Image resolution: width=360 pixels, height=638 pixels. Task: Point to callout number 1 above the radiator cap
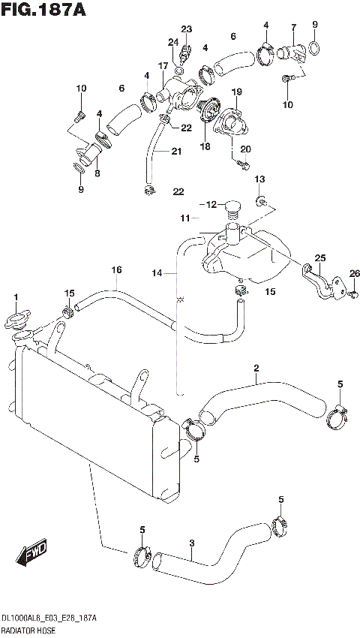[x=15, y=299]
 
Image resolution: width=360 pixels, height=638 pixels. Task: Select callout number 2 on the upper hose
[x=256, y=368]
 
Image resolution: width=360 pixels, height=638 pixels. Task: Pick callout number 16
[x=116, y=270]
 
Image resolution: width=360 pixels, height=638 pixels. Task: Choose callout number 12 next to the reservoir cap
[x=211, y=204]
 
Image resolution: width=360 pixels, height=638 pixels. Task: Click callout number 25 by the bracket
[x=320, y=258]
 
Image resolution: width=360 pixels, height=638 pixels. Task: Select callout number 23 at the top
[x=187, y=29]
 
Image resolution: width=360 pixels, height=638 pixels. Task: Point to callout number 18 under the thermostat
[x=205, y=147]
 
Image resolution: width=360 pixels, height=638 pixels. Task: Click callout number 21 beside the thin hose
[x=176, y=151]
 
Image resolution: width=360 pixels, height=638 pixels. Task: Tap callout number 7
[x=294, y=28]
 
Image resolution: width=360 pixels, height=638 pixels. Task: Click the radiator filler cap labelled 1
[x=16, y=321]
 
